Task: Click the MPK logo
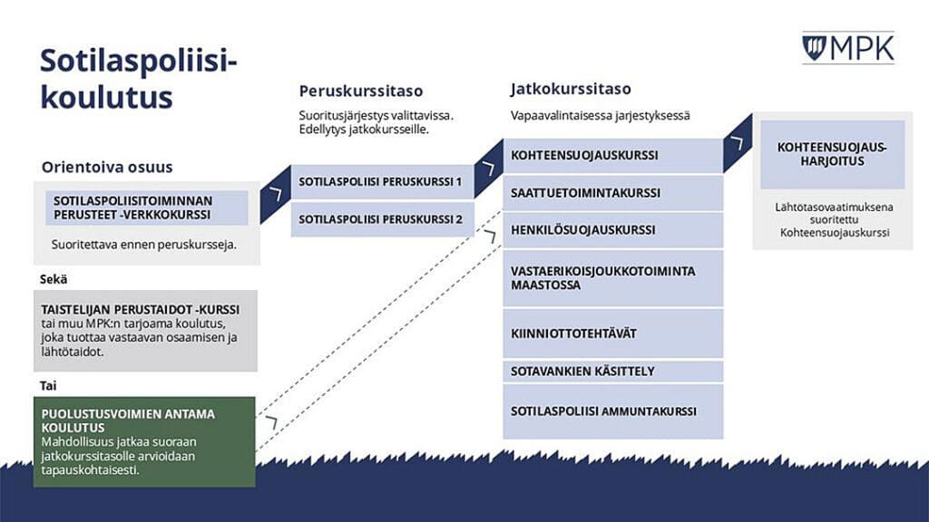[847, 48]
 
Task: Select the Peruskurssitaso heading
[361, 91]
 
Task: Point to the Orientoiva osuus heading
[107, 168]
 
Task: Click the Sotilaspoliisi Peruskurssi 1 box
[380, 181]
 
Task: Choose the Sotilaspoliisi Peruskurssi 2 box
[380, 219]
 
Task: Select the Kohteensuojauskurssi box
[612, 155]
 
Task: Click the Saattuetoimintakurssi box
[612, 193]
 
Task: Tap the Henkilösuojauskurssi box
[612, 230]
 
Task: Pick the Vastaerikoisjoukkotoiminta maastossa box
[612, 278]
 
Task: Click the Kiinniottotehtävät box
[612, 333]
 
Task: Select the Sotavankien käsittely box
[612, 372]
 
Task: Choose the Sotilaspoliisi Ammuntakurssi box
[612, 411]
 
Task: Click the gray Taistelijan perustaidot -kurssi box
[145, 331]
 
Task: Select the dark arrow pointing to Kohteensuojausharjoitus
[738, 143]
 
